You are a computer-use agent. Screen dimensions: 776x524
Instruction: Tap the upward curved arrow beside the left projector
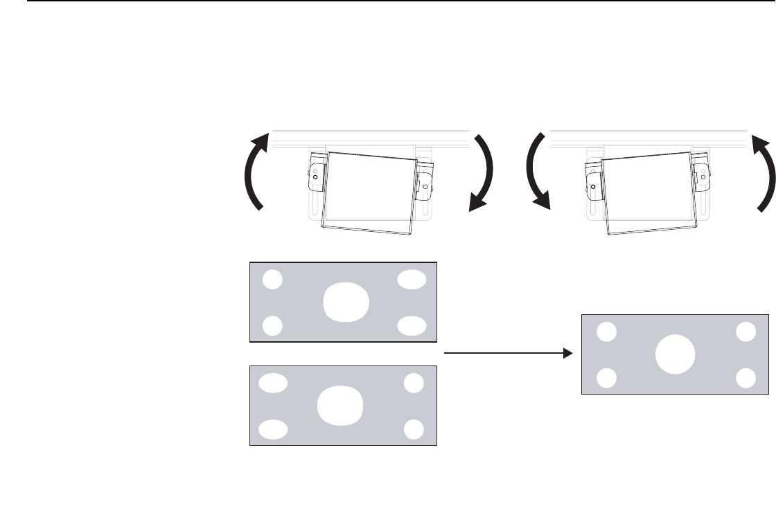pos(252,173)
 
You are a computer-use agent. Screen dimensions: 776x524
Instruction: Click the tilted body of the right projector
pos(649,190)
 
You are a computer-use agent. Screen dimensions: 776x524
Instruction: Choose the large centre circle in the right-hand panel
pos(675,354)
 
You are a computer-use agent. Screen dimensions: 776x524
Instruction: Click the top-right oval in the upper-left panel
pos(412,279)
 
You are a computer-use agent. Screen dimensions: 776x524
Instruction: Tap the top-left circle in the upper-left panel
pos(273,279)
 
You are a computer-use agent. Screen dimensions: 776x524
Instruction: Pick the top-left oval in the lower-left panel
pos(273,383)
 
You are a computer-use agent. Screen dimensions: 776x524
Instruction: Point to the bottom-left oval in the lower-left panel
pos(273,429)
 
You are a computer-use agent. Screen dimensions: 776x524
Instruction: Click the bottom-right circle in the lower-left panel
pos(414,429)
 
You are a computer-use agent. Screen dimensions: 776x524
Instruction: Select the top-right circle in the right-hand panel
pos(746,332)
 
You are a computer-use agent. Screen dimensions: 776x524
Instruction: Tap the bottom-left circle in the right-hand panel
pos(606,378)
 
